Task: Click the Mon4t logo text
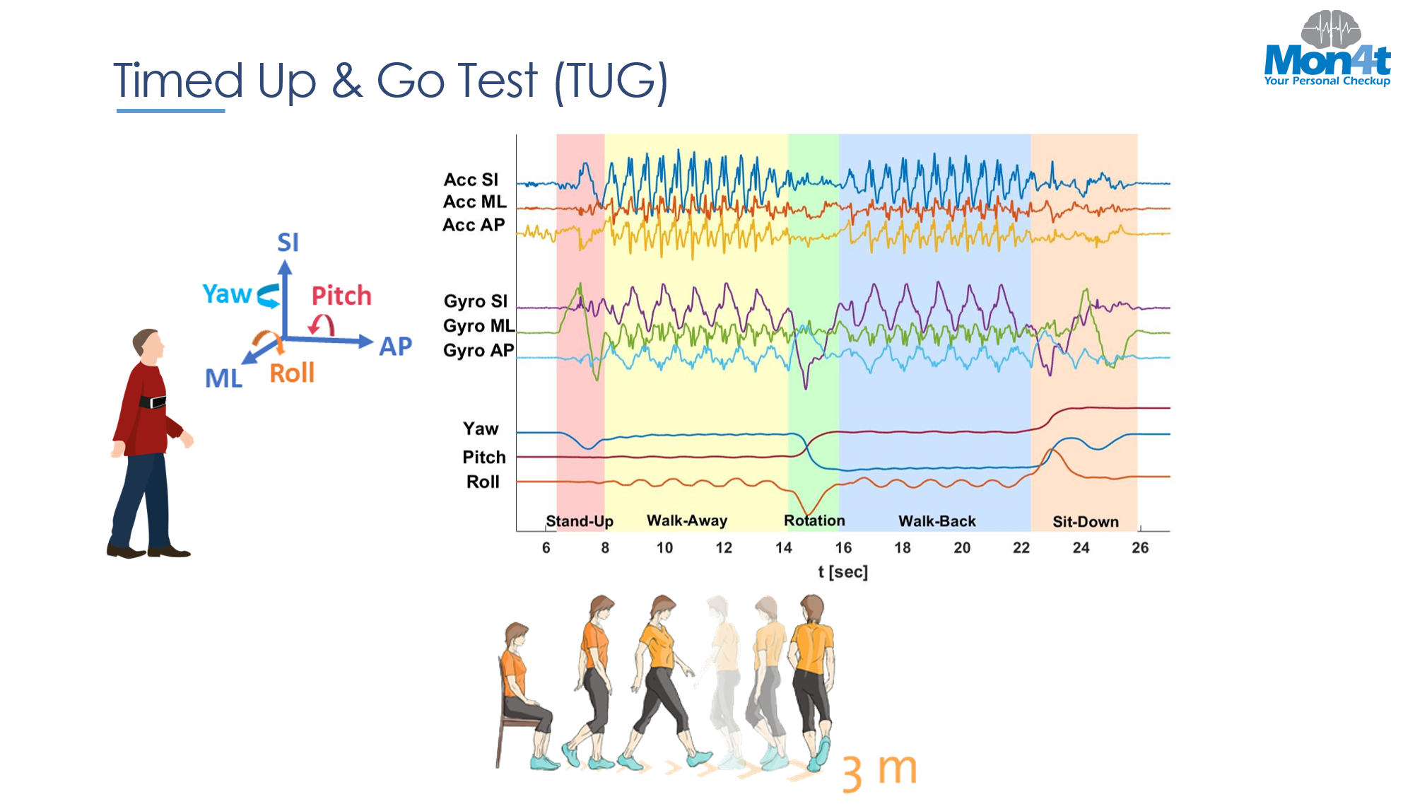point(1327,60)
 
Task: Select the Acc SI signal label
point(471,180)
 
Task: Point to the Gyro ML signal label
point(478,325)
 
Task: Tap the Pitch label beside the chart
point(484,457)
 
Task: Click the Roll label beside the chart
point(483,482)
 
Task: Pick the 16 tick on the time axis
point(843,547)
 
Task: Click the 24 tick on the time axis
point(1081,547)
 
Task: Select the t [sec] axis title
point(842,571)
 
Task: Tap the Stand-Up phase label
point(580,521)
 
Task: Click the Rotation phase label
point(814,520)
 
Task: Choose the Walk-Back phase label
point(937,521)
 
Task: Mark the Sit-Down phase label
point(1086,522)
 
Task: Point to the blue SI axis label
point(288,243)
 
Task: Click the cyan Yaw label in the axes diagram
point(227,293)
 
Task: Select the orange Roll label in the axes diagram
point(292,373)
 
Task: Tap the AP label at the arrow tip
point(395,347)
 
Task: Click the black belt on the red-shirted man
point(152,402)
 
